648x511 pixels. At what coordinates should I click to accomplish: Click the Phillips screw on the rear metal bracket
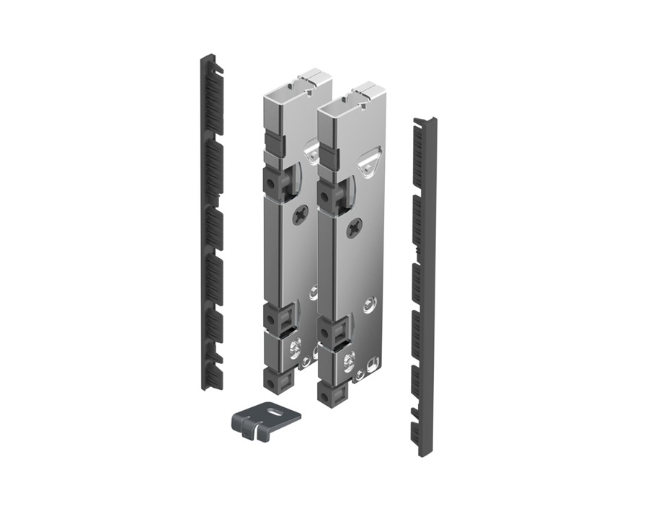pos(301,213)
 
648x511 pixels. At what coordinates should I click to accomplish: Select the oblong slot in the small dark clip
pos(275,413)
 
